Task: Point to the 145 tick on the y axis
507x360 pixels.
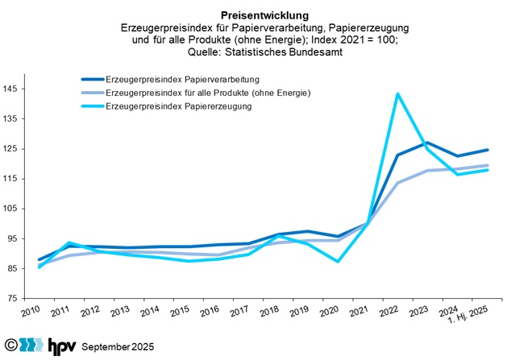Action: [12, 89]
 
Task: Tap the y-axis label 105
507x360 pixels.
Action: [12, 209]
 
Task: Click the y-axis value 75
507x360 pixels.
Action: [15, 299]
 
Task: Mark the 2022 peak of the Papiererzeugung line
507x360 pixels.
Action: [397, 93]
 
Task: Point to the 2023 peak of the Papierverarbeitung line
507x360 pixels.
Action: [426, 143]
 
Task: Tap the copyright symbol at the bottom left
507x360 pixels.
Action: [9, 346]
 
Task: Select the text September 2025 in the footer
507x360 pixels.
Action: [115, 347]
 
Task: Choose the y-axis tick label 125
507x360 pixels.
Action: [12, 149]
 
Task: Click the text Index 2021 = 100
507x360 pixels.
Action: [353, 41]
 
